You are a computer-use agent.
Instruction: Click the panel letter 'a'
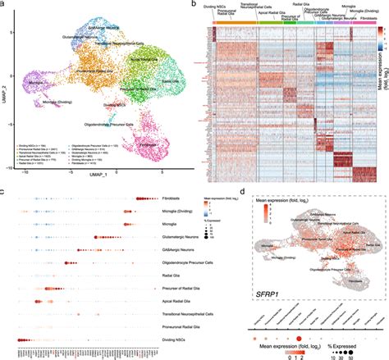pyautogui.click(x=4, y=5)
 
